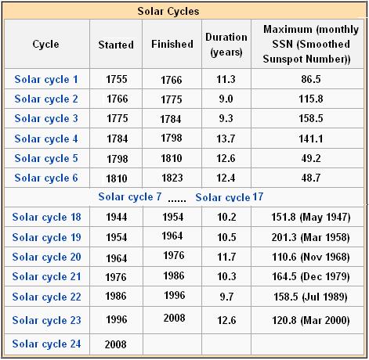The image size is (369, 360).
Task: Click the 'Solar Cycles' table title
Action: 184,11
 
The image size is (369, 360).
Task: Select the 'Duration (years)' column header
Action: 226,45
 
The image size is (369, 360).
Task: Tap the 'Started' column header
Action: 116,45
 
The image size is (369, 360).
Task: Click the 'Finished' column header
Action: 172,45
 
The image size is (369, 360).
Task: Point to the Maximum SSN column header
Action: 307,45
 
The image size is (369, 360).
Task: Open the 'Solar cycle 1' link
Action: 46,79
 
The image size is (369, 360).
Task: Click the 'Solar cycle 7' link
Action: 130,196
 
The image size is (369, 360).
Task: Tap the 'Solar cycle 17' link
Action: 229,196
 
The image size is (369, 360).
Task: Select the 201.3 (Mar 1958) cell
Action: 307,237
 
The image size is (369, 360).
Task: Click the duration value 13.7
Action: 226,139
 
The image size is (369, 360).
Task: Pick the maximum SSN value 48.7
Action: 307,178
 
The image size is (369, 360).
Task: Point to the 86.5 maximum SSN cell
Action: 307,79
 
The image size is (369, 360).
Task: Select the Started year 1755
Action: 116,79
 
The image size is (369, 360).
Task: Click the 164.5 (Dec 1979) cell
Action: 307,277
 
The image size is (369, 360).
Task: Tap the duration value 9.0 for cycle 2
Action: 226,99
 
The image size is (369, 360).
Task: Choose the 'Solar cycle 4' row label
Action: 46,139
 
